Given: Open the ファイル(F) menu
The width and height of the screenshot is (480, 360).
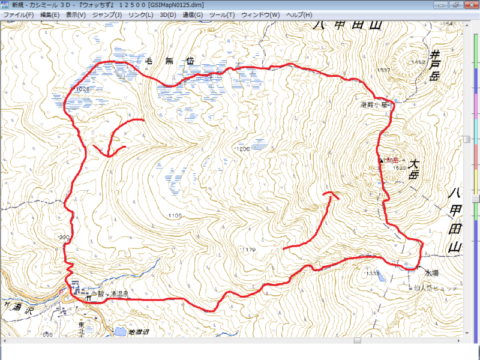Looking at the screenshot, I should coord(18,14).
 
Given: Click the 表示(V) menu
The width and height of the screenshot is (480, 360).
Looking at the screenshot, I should coord(76,14).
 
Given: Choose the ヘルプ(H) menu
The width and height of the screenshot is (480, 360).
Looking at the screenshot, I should coord(299,14).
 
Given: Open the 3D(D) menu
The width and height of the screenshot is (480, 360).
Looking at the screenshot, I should coord(167,14).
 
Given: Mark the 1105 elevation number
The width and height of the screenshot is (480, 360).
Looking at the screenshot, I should coord(175,215).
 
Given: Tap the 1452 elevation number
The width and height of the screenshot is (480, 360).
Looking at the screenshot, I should coord(418,62).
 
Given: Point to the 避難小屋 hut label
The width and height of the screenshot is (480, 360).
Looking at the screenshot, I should coord(377,104).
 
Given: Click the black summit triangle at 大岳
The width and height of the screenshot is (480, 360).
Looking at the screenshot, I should coord(381,160).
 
